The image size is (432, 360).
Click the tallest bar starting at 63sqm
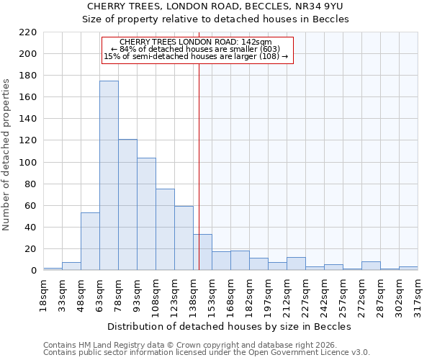pos(109,176)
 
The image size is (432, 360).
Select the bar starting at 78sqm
pos(127,204)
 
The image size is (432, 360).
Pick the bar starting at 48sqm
pos(90,241)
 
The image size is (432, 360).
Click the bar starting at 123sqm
pos(184,238)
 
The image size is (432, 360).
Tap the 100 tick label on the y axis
pos(27,163)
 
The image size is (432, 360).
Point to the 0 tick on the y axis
pos(33,271)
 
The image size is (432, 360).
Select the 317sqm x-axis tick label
pos(418,293)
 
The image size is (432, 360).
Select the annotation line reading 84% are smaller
pos(196,49)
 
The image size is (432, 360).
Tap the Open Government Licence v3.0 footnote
pos(207,352)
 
